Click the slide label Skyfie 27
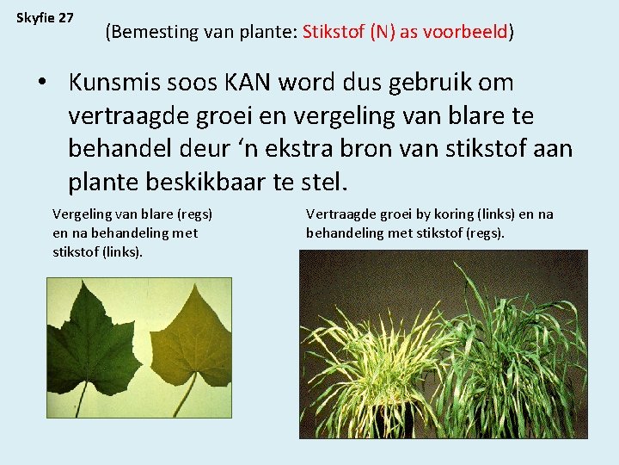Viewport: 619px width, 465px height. [45, 18]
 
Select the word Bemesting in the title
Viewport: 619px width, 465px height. [154, 34]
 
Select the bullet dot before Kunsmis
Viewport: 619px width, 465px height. [40, 84]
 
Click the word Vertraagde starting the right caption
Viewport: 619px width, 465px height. [339, 214]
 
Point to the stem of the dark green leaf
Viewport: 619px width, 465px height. [82, 401]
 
